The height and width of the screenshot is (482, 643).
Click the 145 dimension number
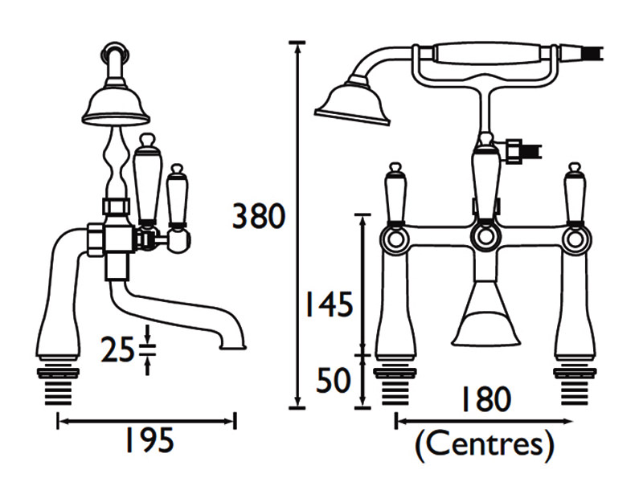pyautogui.click(x=326, y=306)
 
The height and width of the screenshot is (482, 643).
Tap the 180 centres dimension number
pyautogui.click(x=485, y=398)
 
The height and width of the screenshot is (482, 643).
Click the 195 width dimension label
pyautogui.click(x=146, y=440)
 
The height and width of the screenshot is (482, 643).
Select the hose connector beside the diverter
pyautogui.click(x=521, y=149)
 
